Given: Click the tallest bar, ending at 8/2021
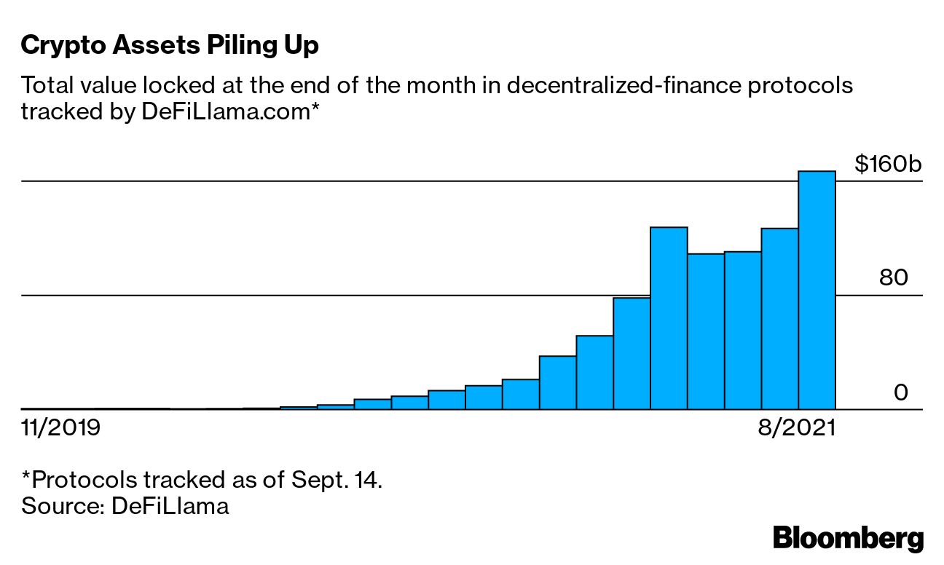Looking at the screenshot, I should (x=817, y=291).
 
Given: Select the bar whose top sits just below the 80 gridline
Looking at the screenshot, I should (x=632, y=354).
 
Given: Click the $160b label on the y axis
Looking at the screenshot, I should (x=888, y=164).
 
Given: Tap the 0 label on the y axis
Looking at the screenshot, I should (x=901, y=393).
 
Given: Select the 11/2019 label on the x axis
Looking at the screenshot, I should (x=60, y=427).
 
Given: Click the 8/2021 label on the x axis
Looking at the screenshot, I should (x=795, y=427).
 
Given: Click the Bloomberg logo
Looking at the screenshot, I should (x=848, y=539).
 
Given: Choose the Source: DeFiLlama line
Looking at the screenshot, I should (x=125, y=506).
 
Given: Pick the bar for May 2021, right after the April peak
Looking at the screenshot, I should (x=706, y=331).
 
